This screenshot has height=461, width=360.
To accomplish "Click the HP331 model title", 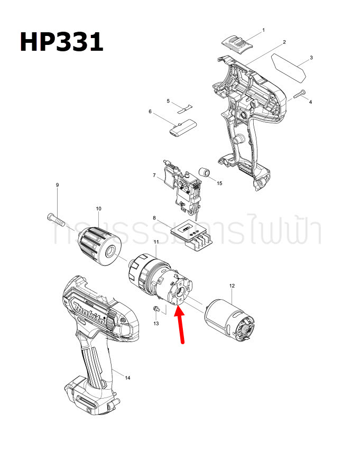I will (61, 41).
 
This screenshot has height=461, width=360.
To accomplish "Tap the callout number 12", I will (232, 286).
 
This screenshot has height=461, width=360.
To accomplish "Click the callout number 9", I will (57, 185).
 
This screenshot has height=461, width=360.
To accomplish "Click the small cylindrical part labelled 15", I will (205, 173).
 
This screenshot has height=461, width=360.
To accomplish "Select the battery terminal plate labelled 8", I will (192, 233).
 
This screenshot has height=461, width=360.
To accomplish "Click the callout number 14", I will (128, 377).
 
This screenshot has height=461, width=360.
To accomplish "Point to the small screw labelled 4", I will (300, 95).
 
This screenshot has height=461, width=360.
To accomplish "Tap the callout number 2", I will (284, 42).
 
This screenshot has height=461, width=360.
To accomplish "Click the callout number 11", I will (156, 242).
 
